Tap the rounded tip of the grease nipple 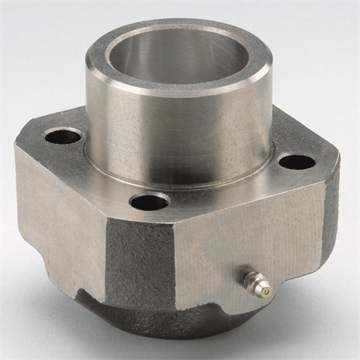(x=266, y=292)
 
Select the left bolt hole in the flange (x=63, y=136)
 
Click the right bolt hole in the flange (x=296, y=161)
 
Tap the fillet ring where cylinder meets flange (x=180, y=181)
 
